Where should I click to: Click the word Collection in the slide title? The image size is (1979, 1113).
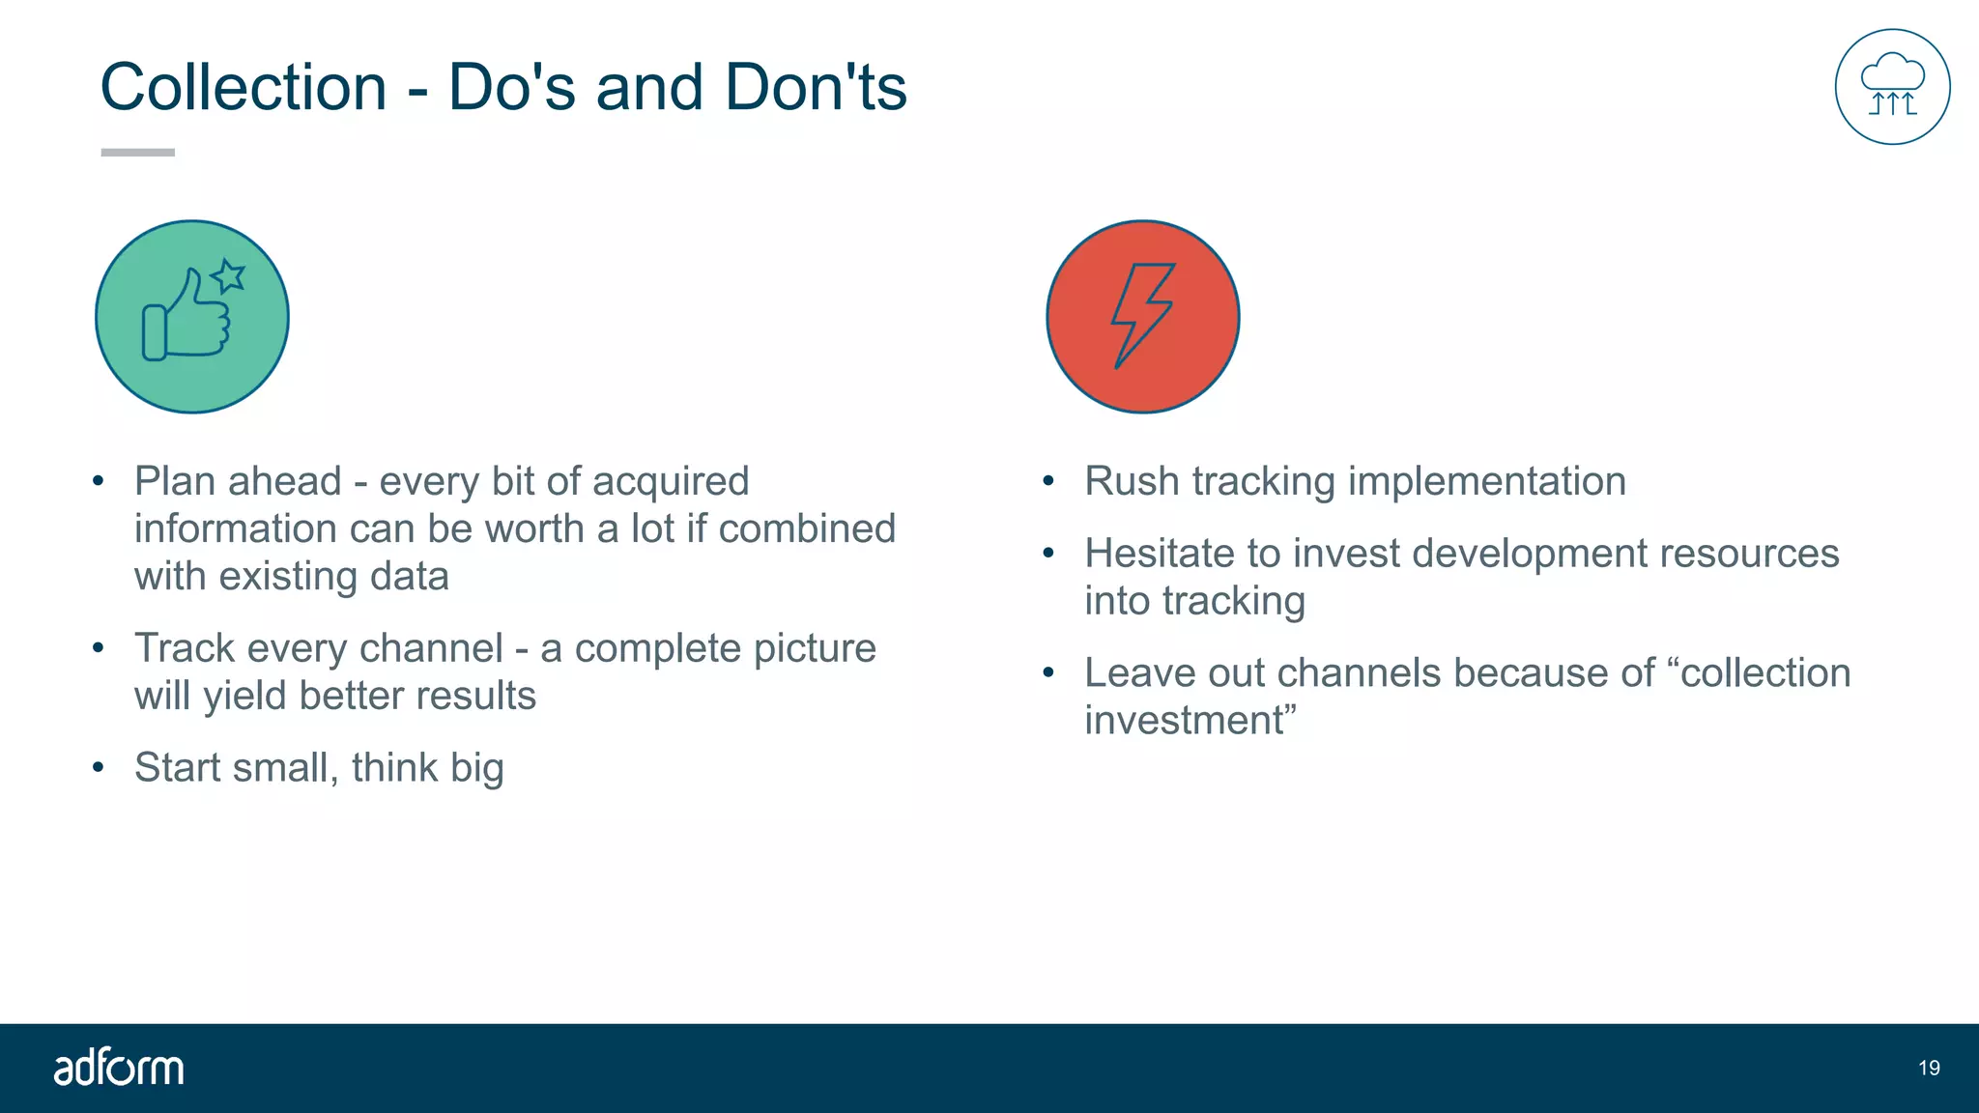(244, 87)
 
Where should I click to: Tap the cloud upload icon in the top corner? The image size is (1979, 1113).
(1892, 87)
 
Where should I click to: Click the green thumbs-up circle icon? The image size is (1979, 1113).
(192, 317)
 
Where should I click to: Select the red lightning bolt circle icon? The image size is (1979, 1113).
(1143, 317)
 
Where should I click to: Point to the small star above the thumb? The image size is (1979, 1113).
(229, 276)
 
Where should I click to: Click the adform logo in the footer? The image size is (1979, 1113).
(118, 1068)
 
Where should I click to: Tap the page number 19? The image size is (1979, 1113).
(1929, 1068)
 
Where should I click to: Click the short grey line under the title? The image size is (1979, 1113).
(137, 152)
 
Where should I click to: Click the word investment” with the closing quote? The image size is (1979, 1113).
(1190, 721)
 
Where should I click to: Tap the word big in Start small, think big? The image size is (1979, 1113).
(476, 769)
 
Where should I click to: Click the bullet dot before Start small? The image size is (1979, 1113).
(98, 768)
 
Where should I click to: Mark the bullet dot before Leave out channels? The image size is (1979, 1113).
(1048, 672)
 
